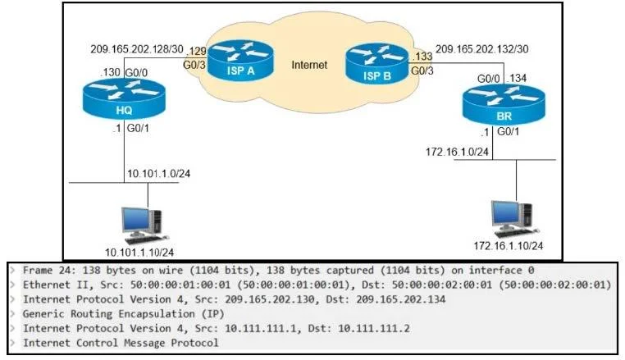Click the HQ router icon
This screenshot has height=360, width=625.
pyautogui.click(x=124, y=98)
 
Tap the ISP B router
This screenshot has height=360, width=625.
pyautogui.click(x=376, y=64)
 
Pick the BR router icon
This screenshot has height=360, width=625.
pyautogui.click(x=504, y=104)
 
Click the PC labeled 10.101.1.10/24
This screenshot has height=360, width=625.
pyautogui.click(x=142, y=226)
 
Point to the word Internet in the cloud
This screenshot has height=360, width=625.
pyautogui.click(x=309, y=65)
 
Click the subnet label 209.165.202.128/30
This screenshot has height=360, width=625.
pyautogui.click(x=137, y=49)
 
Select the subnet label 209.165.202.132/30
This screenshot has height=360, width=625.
pyautogui.click(x=482, y=49)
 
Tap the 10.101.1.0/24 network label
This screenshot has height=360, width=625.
pyautogui.click(x=158, y=173)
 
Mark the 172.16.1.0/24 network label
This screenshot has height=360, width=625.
pyautogui.click(x=457, y=152)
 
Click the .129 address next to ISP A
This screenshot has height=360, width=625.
pyautogui.click(x=197, y=52)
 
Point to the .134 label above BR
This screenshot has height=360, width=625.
pyautogui.click(x=517, y=79)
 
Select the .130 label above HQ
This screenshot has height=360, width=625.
pyautogui.click(x=110, y=72)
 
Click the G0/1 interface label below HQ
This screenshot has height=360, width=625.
pyautogui.click(x=138, y=129)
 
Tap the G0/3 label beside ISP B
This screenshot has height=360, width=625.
pyautogui.click(x=422, y=71)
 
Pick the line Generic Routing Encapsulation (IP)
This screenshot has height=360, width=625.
pyautogui.click(x=124, y=314)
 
